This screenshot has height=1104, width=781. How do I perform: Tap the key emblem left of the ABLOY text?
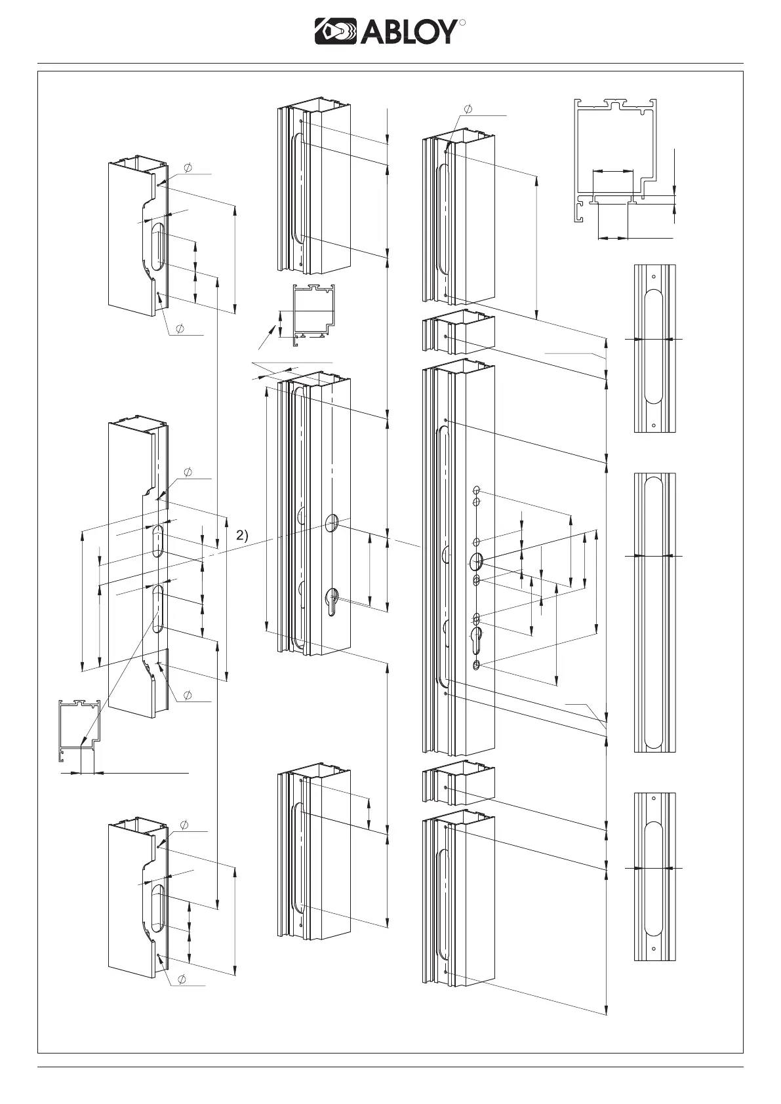tap(336, 31)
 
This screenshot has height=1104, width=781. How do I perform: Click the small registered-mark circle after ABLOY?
tap(462, 23)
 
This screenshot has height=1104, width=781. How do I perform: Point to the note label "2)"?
tap(243, 535)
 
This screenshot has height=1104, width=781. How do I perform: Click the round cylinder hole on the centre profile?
tap(332, 522)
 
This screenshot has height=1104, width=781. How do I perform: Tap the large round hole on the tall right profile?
tap(477, 561)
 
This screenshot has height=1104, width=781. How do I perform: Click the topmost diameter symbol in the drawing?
tap(468, 108)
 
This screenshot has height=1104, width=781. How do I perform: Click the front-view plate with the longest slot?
tap(654, 612)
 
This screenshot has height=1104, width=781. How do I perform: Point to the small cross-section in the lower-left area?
tap(79, 732)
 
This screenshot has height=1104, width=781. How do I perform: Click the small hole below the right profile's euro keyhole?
tap(477, 665)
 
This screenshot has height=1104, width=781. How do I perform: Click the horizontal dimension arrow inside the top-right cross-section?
tap(612, 171)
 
